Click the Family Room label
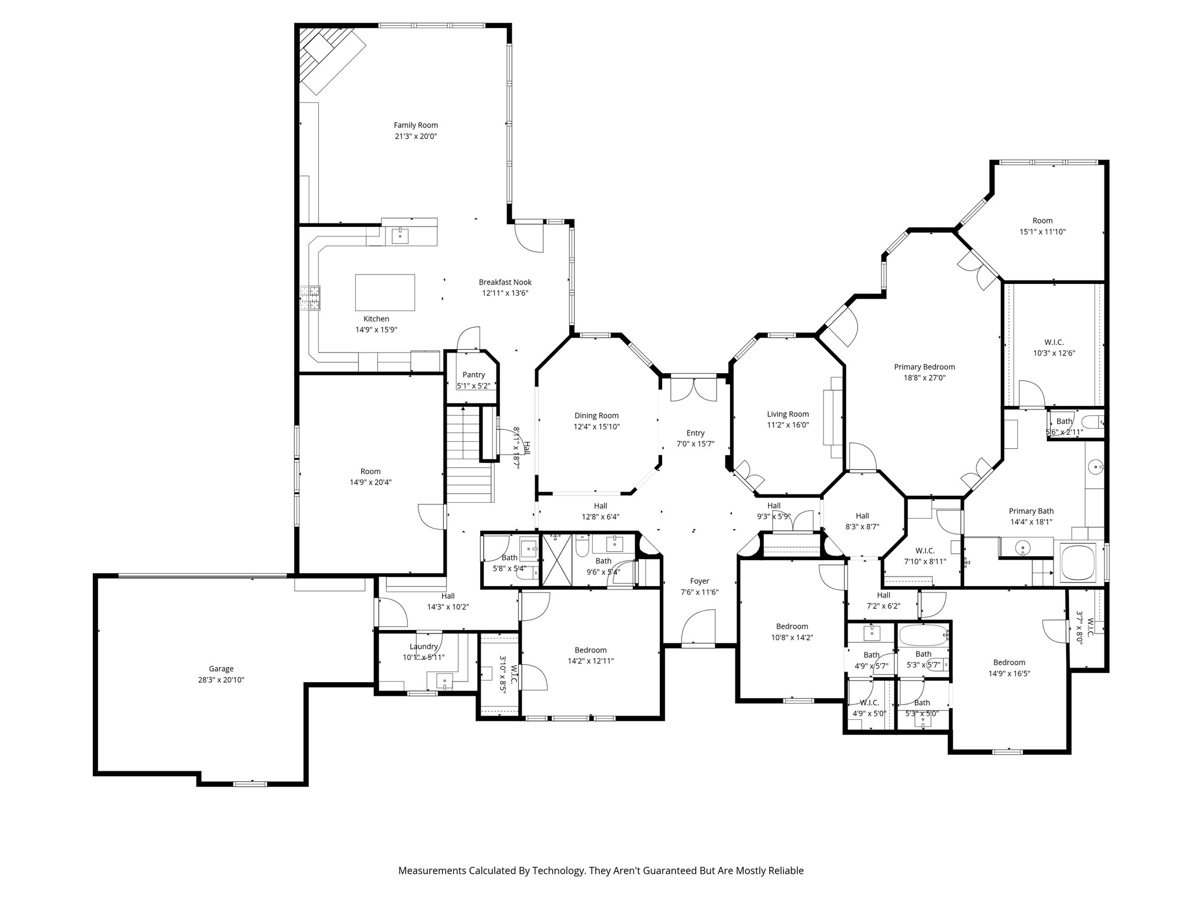[x=416, y=125]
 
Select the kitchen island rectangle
[x=384, y=292]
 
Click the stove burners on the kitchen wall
[x=310, y=298]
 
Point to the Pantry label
[x=473, y=375]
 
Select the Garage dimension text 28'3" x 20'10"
[x=221, y=680]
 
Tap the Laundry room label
[x=423, y=646]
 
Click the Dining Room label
[x=596, y=416]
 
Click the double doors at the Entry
[x=694, y=389]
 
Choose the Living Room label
[x=788, y=414]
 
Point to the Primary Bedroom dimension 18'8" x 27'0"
[x=924, y=378]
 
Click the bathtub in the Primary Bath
[x=1078, y=562]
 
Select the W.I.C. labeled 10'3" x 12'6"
[x=1054, y=348]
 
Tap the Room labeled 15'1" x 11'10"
[x=1042, y=226]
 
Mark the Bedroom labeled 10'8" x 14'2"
[x=792, y=632]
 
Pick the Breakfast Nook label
[x=505, y=282]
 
